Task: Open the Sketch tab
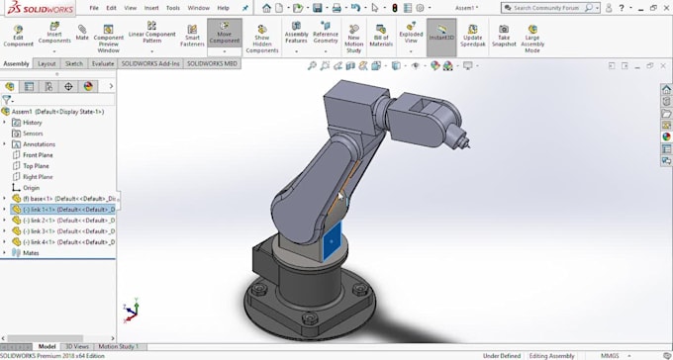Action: tap(74, 63)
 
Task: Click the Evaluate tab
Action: tap(102, 63)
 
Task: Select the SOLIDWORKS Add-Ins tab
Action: tap(150, 63)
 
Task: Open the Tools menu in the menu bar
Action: tap(173, 7)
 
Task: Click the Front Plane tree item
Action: tap(38, 154)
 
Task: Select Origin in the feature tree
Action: tap(32, 187)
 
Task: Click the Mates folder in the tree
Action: tap(31, 252)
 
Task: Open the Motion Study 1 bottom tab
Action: tap(118, 347)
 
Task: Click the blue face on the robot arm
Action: tap(333, 240)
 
